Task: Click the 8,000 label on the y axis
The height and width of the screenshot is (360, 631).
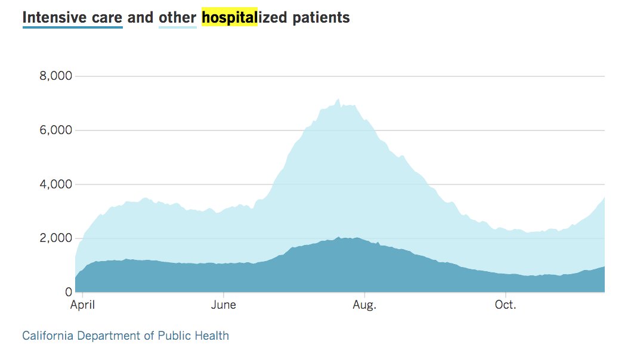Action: (55, 76)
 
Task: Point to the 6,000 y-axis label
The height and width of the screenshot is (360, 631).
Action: (55, 130)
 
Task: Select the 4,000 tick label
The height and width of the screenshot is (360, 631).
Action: (55, 184)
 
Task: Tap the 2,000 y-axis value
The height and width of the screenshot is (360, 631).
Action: (55, 238)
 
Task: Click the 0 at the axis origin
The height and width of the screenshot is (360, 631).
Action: (69, 292)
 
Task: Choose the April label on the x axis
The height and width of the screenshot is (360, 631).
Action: (82, 305)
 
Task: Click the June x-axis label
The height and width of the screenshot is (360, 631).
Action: (224, 305)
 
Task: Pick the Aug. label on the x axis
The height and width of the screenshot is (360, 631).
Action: (364, 305)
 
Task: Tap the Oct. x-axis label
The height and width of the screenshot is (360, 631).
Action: (506, 305)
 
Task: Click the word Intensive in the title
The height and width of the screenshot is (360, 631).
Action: (52, 17)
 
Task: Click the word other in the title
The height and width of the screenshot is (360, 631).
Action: (177, 17)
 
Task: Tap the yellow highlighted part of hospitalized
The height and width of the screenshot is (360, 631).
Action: (229, 17)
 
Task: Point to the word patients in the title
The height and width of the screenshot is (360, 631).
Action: (321, 17)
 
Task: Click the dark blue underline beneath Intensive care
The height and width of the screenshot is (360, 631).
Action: (72, 27)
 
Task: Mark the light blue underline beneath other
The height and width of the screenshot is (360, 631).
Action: (177, 27)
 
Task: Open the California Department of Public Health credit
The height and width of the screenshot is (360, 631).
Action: (125, 336)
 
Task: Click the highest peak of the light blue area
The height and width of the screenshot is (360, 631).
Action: (339, 100)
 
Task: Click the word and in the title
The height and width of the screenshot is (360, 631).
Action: (140, 17)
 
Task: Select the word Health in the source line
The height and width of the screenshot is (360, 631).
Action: (213, 336)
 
